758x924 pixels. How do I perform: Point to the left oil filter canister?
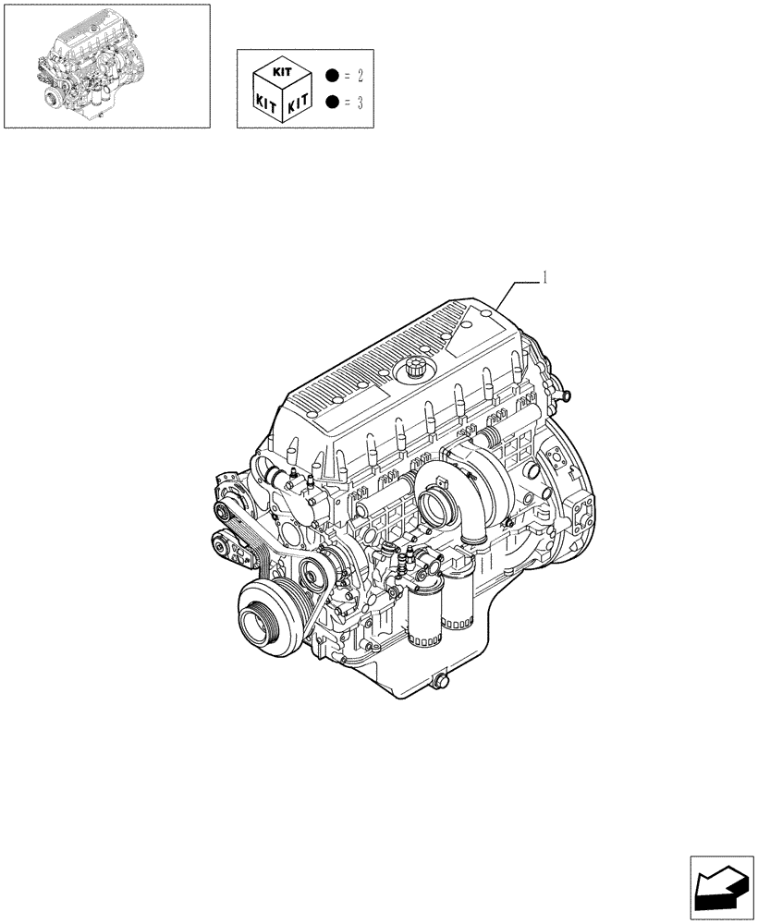pos(422,617)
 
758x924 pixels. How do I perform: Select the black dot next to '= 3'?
pos(332,102)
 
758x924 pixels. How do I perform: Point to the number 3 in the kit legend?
pos(359,102)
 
